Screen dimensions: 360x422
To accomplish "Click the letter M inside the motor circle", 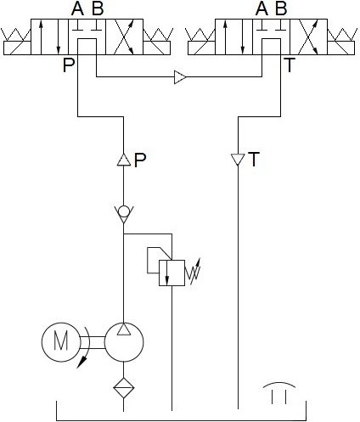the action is [x=61, y=341].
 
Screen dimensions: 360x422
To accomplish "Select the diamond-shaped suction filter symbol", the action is [x=124, y=388].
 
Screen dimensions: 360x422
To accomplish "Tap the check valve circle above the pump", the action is [x=124, y=211].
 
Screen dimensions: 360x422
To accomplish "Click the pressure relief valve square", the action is [x=172, y=273].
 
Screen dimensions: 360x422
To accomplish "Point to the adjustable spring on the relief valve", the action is [x=193, y=273].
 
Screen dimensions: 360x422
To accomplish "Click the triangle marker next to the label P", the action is [x=124, y=160].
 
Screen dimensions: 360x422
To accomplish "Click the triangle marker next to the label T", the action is [x=237, y=160].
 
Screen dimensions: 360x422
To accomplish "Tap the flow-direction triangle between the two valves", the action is [x=180, y=76].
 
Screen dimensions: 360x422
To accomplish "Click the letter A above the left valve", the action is [x=77, y=8].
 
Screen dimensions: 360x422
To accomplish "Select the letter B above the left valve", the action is [x=98, y=8].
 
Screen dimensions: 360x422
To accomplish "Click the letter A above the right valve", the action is [x=262, y=8].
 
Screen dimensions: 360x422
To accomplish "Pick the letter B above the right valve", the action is [x=281, y=8].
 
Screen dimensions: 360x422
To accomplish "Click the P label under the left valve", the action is [x=69, y=65].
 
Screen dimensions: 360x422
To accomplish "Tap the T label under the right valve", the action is [x=290, y=65].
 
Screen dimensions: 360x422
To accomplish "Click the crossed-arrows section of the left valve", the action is [x=124, y=37].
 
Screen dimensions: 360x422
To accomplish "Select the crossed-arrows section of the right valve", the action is [x=308, y=37].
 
